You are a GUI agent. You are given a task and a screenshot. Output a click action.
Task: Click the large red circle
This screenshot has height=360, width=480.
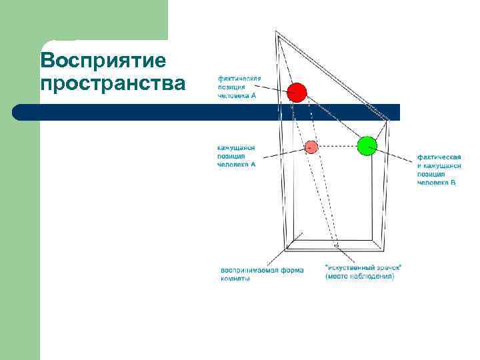click(x=297, y=93)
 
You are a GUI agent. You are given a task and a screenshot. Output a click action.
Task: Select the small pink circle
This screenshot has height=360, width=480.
click(x=311, y=146)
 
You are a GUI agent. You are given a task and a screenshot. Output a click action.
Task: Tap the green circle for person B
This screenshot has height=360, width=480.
click(x=367, y=145)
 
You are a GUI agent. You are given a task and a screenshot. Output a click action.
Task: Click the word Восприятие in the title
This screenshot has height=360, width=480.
click(x=103, y=61)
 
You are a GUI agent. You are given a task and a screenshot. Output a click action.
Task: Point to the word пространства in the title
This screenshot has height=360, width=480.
click(x=113, y=85)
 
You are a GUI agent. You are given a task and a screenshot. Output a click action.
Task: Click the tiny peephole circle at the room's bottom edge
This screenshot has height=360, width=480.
click(x=337, y=247)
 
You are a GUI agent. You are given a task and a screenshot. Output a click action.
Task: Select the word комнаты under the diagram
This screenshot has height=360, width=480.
click(x=235, y=279)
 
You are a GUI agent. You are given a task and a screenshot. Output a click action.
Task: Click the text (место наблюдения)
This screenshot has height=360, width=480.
click(x=359, y=276)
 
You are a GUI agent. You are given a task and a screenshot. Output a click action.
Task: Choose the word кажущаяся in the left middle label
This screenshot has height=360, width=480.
click(x=236, y=147)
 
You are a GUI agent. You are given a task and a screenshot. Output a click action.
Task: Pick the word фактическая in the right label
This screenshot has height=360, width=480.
click(x=438, y=157)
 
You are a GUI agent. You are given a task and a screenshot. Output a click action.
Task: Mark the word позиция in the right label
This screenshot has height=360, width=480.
click(x=431, y=173)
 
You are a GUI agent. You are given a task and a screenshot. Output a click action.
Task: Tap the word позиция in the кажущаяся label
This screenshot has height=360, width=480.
click(x=231, y=156)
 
